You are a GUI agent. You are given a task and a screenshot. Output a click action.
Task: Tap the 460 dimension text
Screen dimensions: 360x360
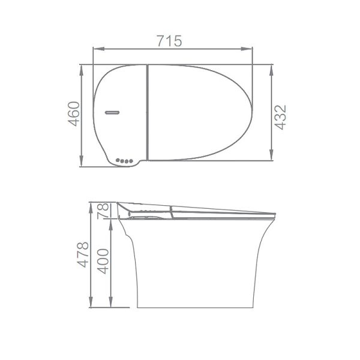pos(73,113)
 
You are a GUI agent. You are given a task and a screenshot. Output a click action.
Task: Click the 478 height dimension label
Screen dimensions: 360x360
pos(83,254)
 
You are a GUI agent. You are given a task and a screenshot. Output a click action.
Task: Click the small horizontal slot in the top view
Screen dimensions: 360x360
pos(112,112)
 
